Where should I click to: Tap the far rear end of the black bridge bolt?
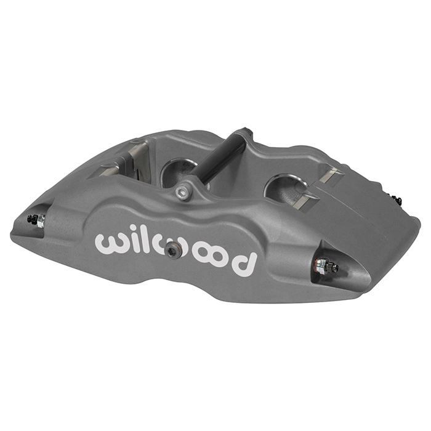(x=246, y=132)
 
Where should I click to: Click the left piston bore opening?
(x=175, y=171)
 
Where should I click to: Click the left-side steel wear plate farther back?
(x=139, y=150)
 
